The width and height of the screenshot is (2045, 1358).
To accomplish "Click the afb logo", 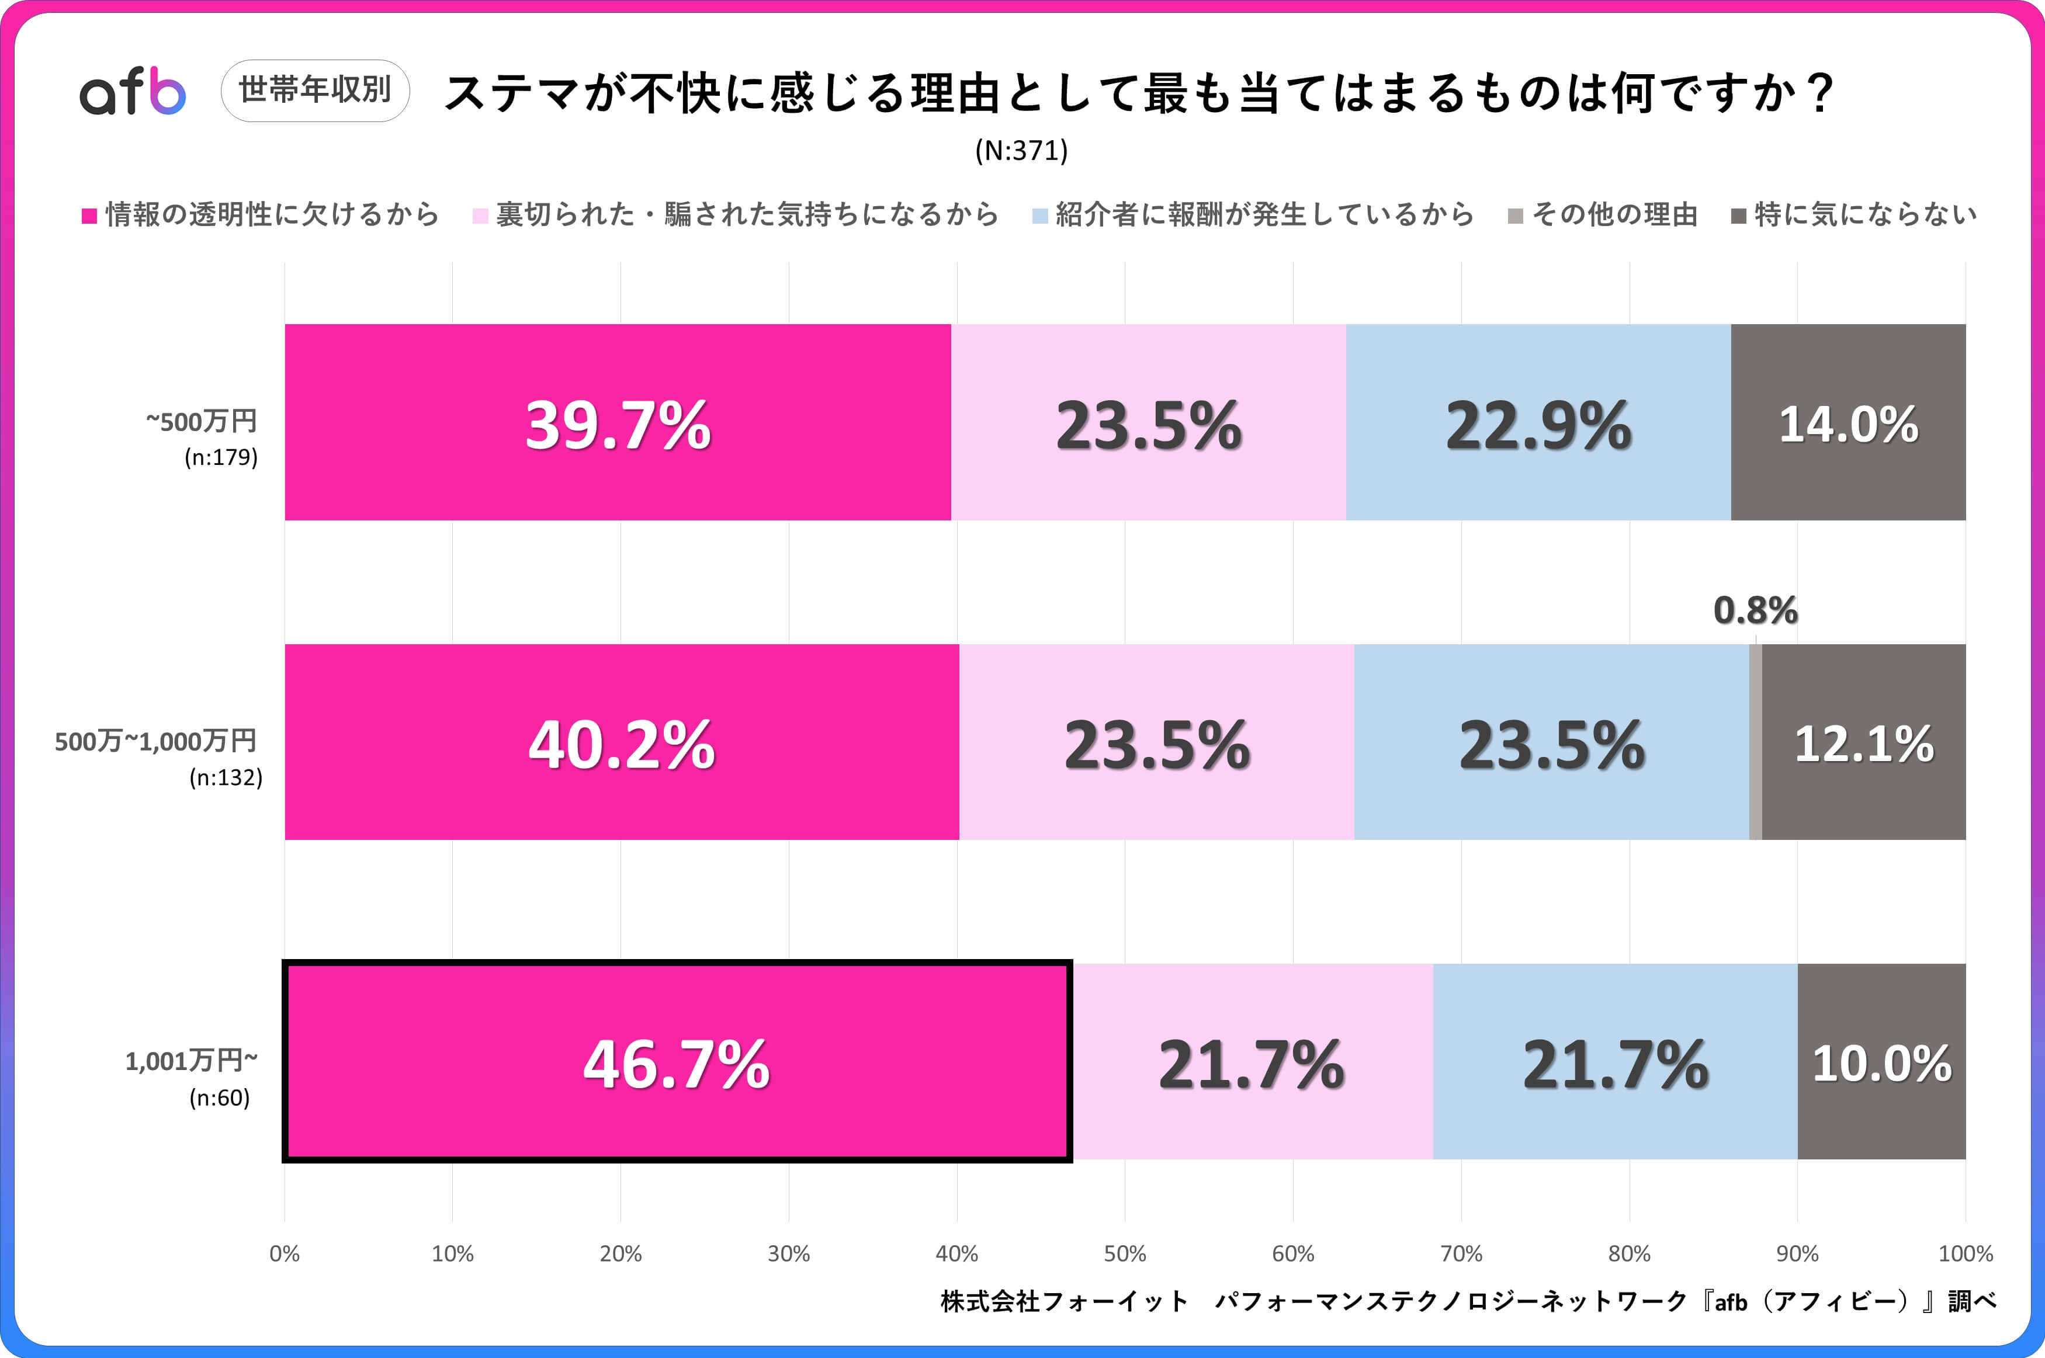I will tap(133, 91).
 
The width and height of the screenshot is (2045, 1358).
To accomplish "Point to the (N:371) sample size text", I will tap(1021, 151).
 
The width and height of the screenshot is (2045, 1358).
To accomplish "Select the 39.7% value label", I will tap(618, 425).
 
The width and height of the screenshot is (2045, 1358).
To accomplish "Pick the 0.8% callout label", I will tap(1755, 610).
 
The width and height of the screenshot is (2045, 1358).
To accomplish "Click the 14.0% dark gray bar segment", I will tap(1848, 423).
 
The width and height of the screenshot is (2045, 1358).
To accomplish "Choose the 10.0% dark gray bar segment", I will tap(1881, 1062).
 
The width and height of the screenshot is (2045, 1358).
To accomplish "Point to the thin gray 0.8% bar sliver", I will tap(1755, 742).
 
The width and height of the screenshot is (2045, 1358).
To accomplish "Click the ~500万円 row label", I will tap(201, 422).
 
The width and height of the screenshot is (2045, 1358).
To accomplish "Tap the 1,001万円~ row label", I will tap(192, 1061).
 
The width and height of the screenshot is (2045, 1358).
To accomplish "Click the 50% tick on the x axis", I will tap(1124, 1253).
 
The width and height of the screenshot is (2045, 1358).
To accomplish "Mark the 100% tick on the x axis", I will tap(1964, 1253).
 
